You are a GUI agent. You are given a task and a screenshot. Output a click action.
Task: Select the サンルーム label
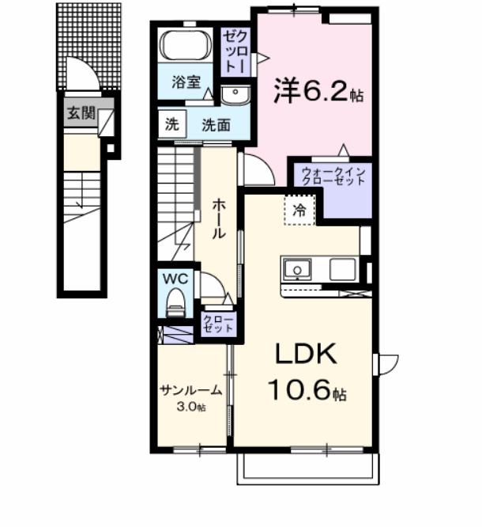[x=190, y=390]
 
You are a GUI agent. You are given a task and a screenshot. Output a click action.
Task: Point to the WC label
[x=174, y=278]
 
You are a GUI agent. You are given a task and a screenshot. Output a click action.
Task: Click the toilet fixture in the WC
[x=175, y=303]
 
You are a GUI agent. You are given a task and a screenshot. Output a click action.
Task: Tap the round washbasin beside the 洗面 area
[x=234, y=96]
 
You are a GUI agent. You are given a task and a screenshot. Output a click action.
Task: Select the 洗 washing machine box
[x=171, y=123]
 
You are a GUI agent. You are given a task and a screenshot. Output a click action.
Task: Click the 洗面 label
[x=214, y=124]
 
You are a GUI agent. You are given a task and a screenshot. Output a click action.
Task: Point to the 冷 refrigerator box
[x=299, y=210]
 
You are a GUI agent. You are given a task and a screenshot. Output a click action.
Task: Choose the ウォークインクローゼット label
[x=329, y=176]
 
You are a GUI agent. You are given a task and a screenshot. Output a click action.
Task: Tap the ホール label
[x=218, y=218]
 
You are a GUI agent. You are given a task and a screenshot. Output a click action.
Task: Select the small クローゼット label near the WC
[x=218, y=323]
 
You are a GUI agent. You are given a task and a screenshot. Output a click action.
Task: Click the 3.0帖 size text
[x=190, y=408]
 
